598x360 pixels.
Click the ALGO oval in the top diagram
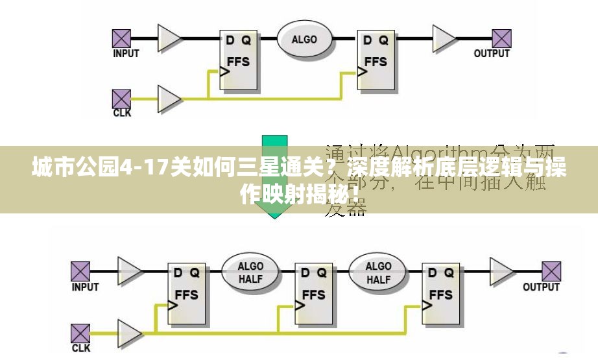pyautogui.click(x=304, y=39)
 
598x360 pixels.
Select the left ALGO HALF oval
pyautogui.click(x=250, y=273)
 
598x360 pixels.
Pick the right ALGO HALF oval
pyautogui.click(x=378, y=273)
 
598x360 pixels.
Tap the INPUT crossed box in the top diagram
pyautogui.click(x=121, y=38)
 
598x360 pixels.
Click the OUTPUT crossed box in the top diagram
pyautogui.click(x=501, y=38)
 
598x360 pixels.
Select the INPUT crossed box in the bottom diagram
pyautogui.click(x=80, y=271)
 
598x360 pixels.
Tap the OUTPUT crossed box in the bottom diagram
pyautogui.click(x=551, y=271)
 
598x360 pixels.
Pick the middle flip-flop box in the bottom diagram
pyautogui.click(x=314, y=295)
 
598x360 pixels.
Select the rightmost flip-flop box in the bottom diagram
pyautogui.click(x=441, y=295)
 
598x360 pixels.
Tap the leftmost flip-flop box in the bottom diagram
pyautogui.click(x=187, y=295)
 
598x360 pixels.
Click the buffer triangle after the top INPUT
pyautogui.click(x=169, y=38)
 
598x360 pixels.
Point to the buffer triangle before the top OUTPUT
pyautogui.click(x=444, y=38)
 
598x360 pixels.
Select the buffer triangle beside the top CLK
pyautogui.click(x=169, y=99)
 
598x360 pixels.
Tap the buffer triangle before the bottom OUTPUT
pyautogui.click(x=500, y=271)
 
